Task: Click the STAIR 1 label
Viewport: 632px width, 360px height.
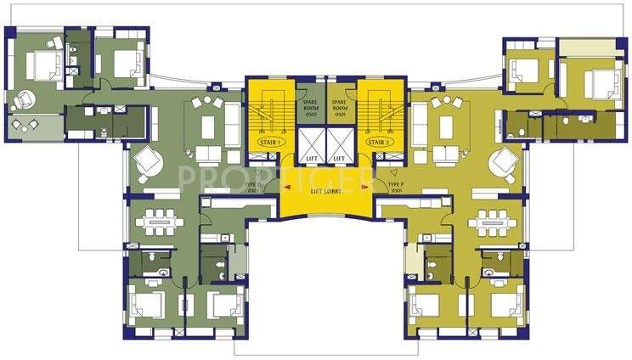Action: pyautogui.click(x=268, y=143)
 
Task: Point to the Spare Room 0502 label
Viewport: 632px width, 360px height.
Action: pyautogui.click(x=310, y=109)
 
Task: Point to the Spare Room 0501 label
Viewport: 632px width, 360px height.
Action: pyautogui.click(x=340, y=109)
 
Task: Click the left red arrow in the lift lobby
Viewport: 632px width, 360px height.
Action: pyautogui.click(x=287, y=188)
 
